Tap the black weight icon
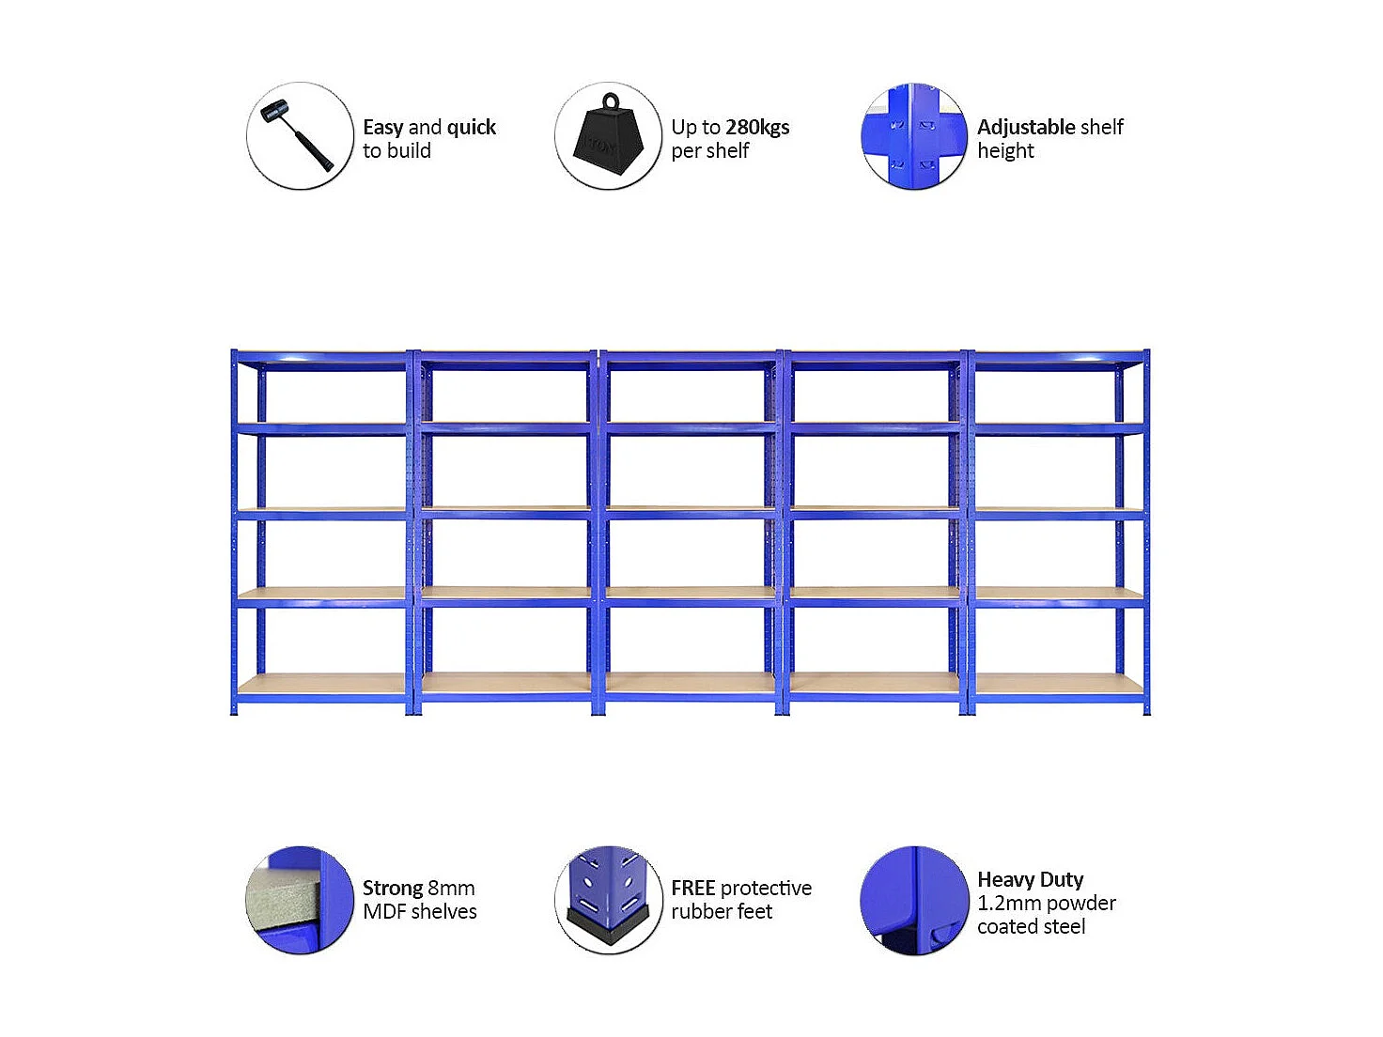tap(608, 136)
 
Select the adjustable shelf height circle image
tap(913, 136)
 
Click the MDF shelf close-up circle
tap(300, 900)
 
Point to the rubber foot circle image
tap(608, 900)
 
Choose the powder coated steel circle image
tap(913, 900)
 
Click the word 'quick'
tap(471, 127)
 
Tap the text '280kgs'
tap(757, 127)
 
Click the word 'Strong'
tap(392, 888)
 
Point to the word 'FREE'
tap(692, 888)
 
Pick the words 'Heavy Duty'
tap(1030, 879)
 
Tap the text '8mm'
tap(451, 888)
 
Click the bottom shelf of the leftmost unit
tap(321, 684)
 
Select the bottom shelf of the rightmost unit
tap(1058, 684)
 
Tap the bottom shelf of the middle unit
tap(691, 684)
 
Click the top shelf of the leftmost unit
tap(321, 359)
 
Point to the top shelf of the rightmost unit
tap(1058, 359)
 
